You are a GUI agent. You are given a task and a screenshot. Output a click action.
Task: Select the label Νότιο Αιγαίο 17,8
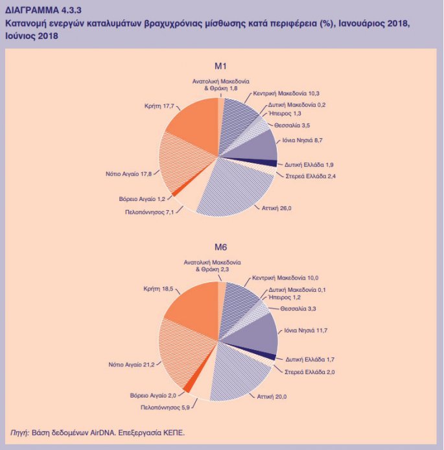128,174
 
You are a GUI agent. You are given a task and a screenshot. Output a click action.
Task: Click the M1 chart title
220,66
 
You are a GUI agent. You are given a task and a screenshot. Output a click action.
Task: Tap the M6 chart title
220,247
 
